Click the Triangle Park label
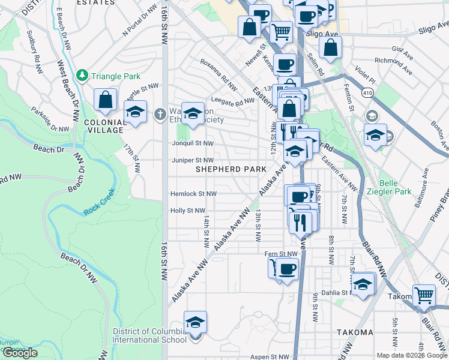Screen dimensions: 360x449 pos(115,76)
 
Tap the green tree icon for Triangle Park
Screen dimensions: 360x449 pos(82,76)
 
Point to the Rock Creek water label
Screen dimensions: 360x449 pos(98,211)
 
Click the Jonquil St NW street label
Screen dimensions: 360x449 pos(191,143)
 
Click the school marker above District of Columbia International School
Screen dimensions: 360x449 pos(195,323)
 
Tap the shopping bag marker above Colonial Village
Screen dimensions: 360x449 pos(106,101)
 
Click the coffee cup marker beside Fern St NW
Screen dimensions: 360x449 pos(286,268)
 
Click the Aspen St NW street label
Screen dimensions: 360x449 pos(268,356)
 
